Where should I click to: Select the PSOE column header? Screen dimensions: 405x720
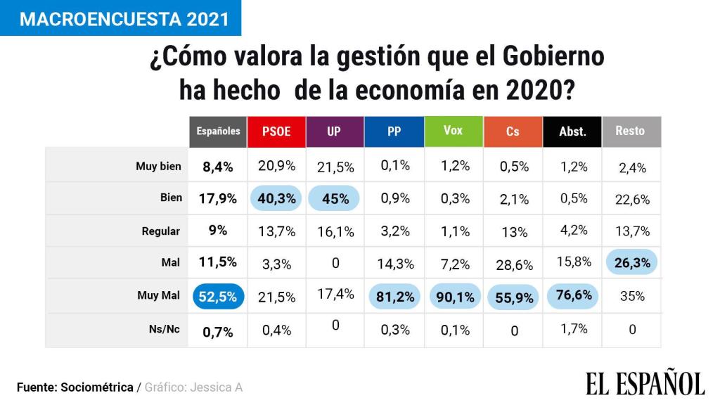tap(276, 131)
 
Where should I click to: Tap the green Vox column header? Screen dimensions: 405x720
tap(454, 131)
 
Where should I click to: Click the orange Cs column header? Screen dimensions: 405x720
tap(513, 131)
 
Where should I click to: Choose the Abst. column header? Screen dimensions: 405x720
tap(572, 131)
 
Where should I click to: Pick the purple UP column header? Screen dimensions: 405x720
tap(335, 131)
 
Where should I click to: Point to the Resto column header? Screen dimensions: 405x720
tap(631, 131)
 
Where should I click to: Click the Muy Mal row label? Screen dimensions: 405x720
tap(158, 295)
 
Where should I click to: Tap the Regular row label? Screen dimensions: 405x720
tap(160, 231)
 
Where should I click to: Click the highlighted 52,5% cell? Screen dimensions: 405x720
tap(218, 296)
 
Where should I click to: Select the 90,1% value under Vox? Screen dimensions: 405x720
tap(454, 296)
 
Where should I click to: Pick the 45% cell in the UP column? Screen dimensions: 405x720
tap(335, 198)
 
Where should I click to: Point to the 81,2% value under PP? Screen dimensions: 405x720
tap(394, 296)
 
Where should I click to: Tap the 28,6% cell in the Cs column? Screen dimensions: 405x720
tap(513, 264)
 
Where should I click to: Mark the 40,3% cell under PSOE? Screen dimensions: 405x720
tap(276, 198)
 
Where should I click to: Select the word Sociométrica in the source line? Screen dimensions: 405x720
tap(96, 387)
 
